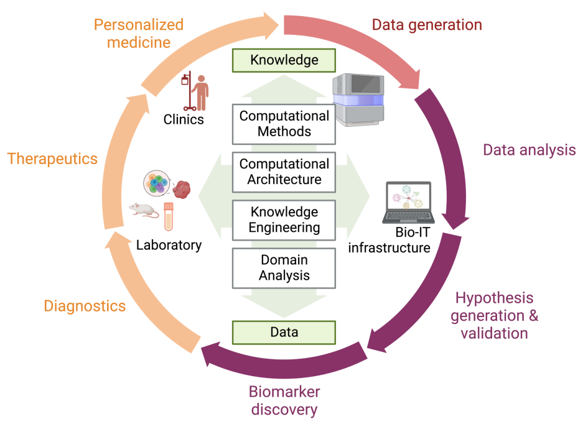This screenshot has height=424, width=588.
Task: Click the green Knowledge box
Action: click(284, 60)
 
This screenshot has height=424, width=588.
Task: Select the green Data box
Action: click(284, 332)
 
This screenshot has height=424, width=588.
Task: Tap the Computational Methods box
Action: click(284, 124)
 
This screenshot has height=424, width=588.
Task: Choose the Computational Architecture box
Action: click(284, 172)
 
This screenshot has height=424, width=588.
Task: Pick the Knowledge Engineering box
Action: click(284, 220)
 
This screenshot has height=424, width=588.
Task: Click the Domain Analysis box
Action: click(284, 268)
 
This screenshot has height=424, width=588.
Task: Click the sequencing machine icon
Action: click(358, 99)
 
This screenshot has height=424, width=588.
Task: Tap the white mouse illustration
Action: click(144, 210)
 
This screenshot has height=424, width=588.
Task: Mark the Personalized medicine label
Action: click(139, 34)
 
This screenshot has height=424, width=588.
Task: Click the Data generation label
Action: click(427, 25)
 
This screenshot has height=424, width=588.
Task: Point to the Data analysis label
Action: click(530, 150)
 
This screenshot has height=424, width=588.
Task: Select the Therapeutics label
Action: click(52, 159)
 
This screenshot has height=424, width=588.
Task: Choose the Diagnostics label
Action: click(85, 306)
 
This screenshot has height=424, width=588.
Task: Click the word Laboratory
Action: click(169, 245)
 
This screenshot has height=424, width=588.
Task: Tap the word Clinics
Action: click(184, 119)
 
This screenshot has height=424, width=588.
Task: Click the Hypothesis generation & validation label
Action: click(494, 315)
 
